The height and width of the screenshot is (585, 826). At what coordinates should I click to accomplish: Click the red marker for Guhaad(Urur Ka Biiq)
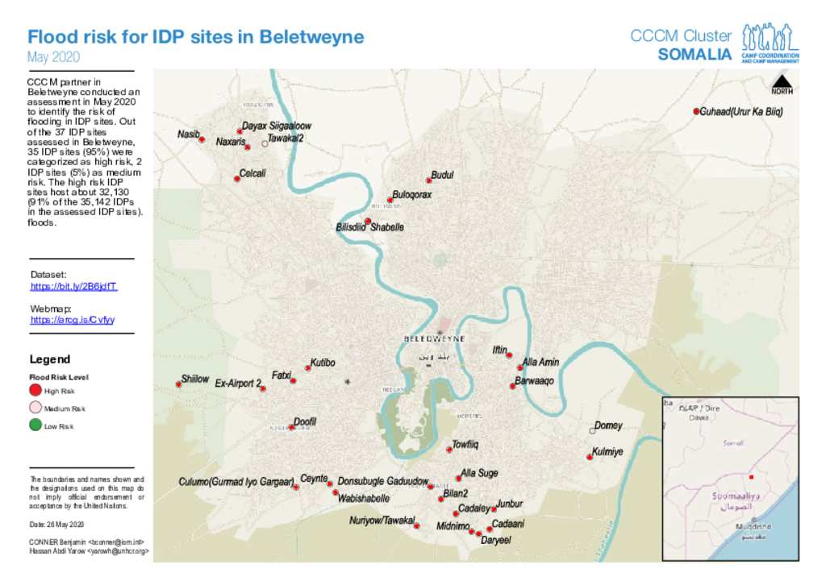point(696,111)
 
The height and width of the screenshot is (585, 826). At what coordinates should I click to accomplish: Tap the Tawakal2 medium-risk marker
point(265,143)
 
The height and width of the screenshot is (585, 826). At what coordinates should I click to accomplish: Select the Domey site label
point(608,425)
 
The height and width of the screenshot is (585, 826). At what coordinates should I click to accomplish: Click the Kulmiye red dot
point(590,458)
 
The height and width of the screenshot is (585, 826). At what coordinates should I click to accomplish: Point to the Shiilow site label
point(195,379)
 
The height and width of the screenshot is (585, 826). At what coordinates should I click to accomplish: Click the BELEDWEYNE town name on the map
point(434,339)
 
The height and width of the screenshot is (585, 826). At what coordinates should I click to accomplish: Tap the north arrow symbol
point(781,83)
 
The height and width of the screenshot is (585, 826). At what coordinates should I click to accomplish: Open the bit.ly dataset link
point(74,286)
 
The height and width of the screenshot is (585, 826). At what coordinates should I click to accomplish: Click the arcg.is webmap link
point(73,320)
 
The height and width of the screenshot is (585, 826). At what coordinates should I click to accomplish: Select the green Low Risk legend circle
point(35,425)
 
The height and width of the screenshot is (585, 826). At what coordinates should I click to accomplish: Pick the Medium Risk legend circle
point(35,408)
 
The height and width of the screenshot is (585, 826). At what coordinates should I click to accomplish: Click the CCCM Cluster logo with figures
point(770,42)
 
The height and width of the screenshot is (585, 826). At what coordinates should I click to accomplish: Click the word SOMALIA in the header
point(695,55)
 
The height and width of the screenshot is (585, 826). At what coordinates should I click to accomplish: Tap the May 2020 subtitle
point(53,57)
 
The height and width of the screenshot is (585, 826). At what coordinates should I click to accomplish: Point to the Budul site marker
point(429,180)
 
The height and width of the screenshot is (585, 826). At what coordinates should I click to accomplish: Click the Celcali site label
point(252,173)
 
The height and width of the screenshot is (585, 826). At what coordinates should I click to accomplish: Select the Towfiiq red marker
point(449,450)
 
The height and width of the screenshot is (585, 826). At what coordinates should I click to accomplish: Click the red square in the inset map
point(751,477)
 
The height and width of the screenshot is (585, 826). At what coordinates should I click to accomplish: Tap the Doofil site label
point(305,421)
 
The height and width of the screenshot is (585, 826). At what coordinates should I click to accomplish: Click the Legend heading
point(50,359)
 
